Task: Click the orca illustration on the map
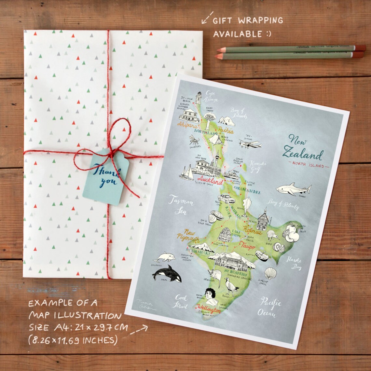(166, 273)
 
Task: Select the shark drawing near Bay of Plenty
(293, 189)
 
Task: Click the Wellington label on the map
(208, 309)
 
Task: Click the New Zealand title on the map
(302, 148)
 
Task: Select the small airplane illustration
(250, 144)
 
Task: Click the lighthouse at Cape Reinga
(198, 98)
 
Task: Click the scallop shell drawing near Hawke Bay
(270, 273)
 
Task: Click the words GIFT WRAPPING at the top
(248, 21)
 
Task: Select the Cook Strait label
(181, 301)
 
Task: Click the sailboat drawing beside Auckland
(186, 173)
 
